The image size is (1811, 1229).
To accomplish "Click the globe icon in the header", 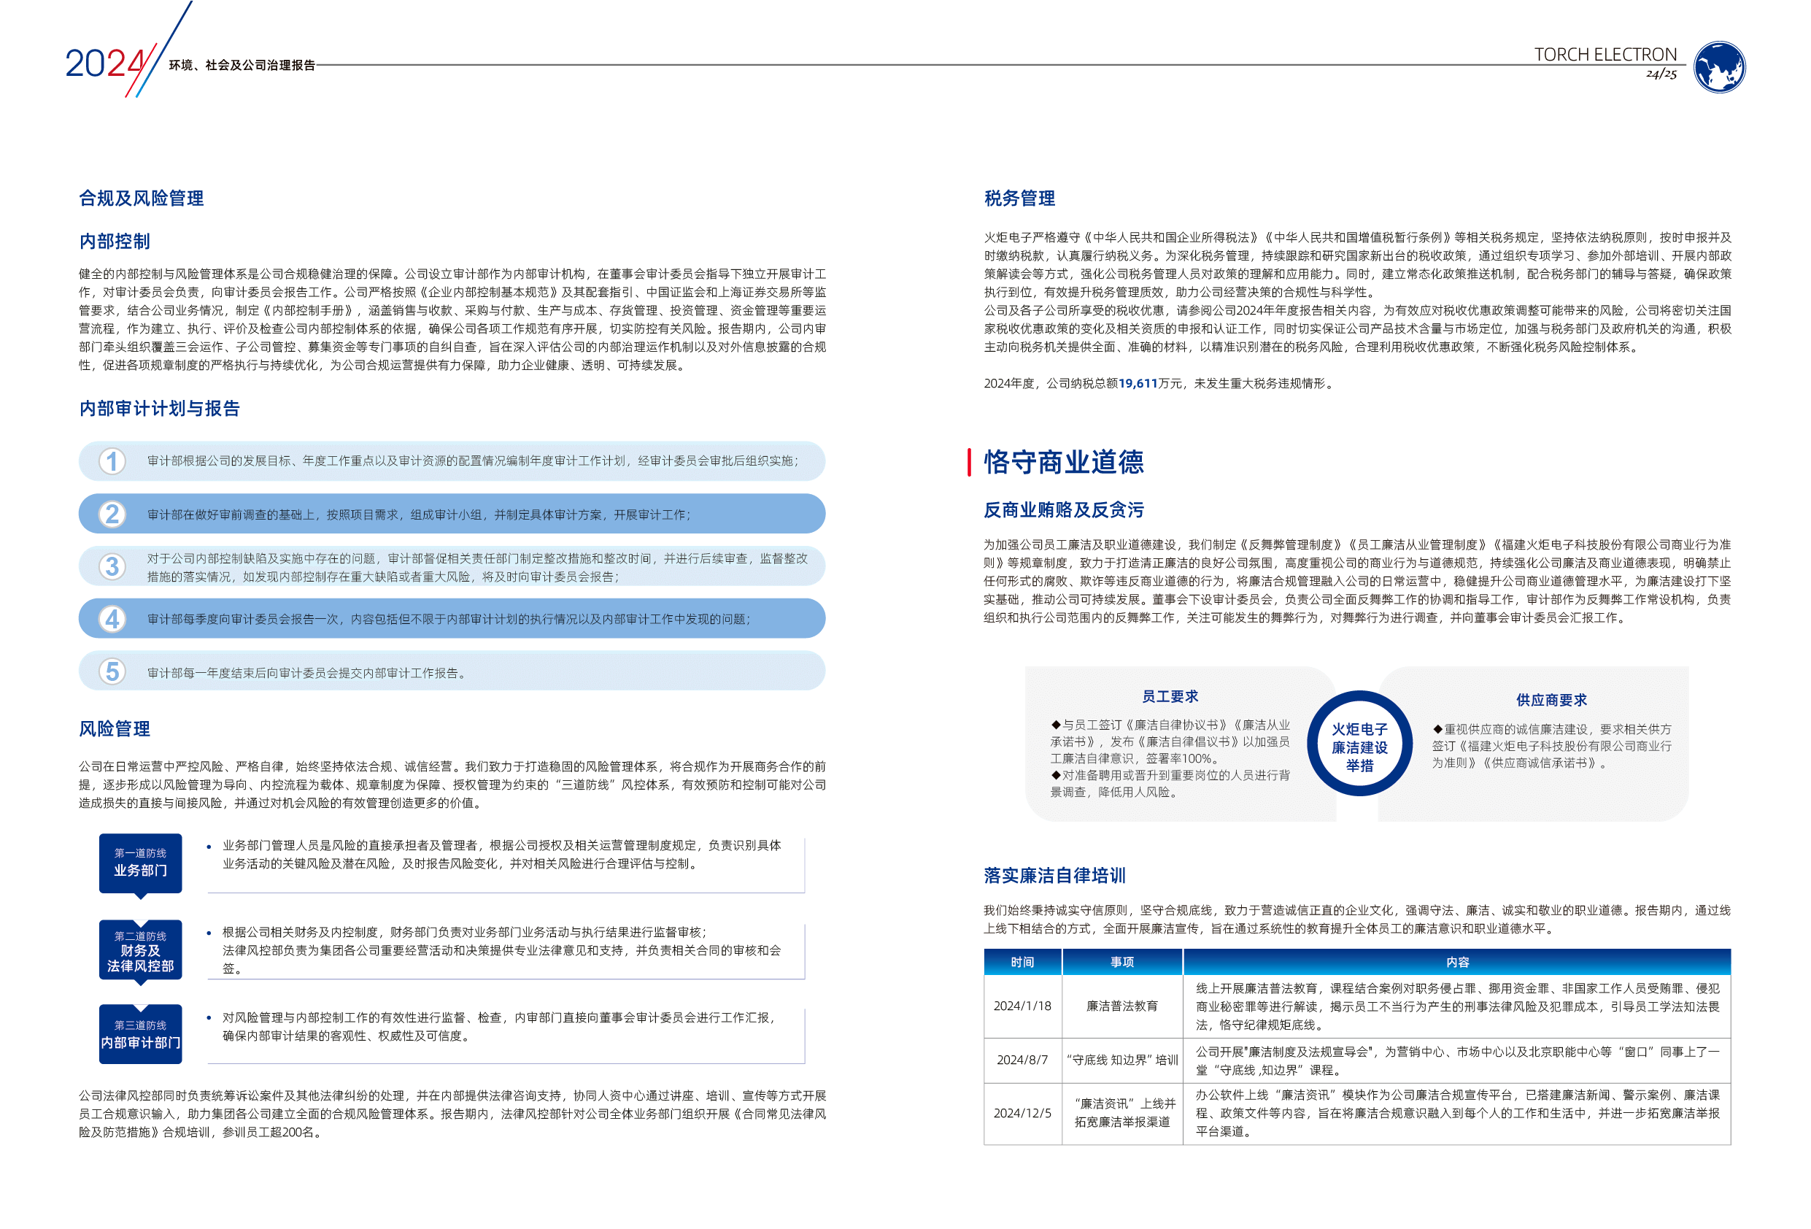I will (1719, 67).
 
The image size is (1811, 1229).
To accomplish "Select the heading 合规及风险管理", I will (141, 198).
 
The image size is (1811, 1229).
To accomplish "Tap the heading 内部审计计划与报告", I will (160, 409).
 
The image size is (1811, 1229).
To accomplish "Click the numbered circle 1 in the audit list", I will (112, 461).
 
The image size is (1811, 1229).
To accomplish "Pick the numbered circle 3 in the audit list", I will (112, 566).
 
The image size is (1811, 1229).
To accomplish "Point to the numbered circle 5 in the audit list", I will (112, 671).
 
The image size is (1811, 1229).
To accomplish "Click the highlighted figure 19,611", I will (1138, 383).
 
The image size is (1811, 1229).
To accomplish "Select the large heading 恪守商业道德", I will (1063, 462).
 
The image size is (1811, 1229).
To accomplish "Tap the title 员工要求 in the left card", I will (1170, 696).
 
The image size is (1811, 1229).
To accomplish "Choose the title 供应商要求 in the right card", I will (1551, 700).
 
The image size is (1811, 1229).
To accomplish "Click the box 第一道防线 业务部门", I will (140, 863).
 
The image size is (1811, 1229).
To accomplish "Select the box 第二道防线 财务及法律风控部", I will (140, 950).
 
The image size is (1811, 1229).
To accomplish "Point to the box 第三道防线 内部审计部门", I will (140, 1034).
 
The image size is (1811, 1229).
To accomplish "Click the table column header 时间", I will (1022, 963).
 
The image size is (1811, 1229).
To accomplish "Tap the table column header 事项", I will (1121, 963).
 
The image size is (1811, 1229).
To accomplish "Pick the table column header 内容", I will (1456, 963).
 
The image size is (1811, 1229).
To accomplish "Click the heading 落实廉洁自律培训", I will (1054, 875).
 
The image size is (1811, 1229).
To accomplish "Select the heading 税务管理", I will (1019, 198).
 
